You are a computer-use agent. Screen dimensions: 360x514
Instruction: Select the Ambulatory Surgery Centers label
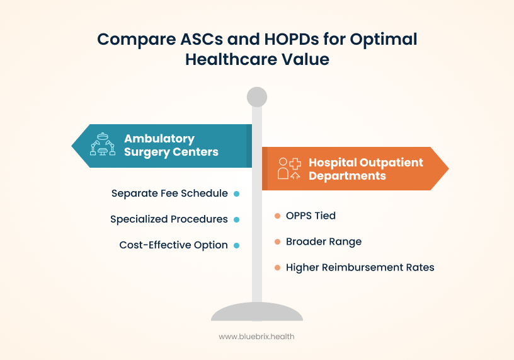click(x=171, y=145)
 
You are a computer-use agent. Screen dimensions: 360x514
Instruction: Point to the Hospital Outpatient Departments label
click(x=365, y=169)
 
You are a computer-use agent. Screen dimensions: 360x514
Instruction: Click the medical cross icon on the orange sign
click(x=295, y=162)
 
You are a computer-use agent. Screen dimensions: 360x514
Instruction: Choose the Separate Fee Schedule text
click(x=169, y=194)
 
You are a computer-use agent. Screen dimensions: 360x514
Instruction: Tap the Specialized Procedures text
click(x=169, y=219)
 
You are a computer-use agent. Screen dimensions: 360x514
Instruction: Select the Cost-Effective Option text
click(x=173, y=245)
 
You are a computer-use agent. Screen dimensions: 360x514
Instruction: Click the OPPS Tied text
click(x=311, y=216)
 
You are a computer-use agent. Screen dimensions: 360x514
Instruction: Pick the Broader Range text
click(x=324, y=241)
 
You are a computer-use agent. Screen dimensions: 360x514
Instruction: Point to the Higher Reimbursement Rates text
click(x=360, y=267)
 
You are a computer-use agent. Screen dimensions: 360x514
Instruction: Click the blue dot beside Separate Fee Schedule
click(x=236, y=194)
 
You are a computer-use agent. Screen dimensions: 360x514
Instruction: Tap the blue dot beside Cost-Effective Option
click(x=236, y=245)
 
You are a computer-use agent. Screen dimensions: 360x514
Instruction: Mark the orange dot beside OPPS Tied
click(x=277, y=216)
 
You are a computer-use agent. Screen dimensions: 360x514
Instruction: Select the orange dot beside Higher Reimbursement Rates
click(x=277, y=267)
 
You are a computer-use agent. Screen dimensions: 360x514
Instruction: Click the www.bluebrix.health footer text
click(x=256, y=337)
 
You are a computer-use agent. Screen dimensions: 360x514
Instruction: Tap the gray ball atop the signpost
click(x=257, y=97)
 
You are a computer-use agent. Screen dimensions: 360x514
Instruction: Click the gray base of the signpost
click(x=257, y=312)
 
